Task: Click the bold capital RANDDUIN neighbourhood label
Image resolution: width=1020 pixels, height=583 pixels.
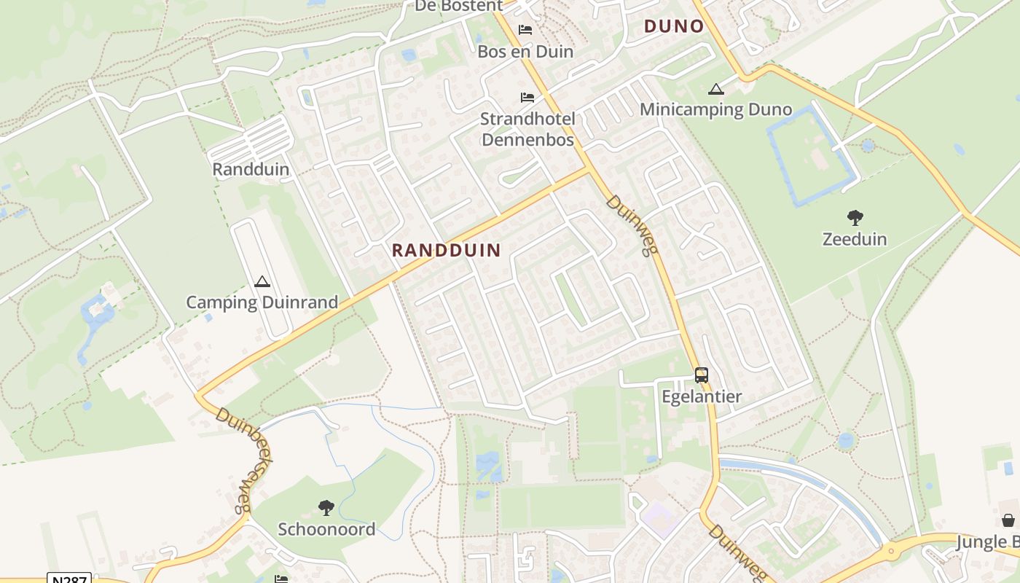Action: (x=446, y=250)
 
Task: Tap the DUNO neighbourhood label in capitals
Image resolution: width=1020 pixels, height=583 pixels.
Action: (x=674, y=27)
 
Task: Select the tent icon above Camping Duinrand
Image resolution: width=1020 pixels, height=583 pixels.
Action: (x=262, y=281)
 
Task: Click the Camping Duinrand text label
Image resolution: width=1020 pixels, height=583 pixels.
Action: (x=262, y=302)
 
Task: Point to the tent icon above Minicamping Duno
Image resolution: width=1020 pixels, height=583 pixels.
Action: (x=715, y=90)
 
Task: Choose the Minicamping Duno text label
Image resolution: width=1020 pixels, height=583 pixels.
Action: (x=715, y=109)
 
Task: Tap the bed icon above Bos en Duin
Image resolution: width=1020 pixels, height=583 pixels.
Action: (x=525, y=30)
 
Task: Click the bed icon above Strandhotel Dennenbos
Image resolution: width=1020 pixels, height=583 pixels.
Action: (x=527, y=98)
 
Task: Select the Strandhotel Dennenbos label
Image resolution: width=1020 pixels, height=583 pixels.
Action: (x=527, y=129)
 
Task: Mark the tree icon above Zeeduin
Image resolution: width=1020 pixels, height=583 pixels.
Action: (x=855, y=217)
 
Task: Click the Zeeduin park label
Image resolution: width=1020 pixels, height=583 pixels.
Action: (x=855, y=239)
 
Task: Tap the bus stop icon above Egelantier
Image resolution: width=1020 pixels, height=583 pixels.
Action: (x=701, y=375)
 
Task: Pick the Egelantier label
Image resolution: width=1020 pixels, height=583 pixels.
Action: (x=701, y=396)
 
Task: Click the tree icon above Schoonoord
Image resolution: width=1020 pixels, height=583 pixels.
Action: (x=326, y=507)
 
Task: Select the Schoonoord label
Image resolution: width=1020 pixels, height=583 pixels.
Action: (x=326, y=529)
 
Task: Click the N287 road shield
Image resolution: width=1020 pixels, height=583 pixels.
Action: (x=69, y=579)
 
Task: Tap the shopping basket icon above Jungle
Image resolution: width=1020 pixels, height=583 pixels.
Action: (x=1008, y=520)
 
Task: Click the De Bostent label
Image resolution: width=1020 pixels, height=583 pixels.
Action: (x=458, y=6)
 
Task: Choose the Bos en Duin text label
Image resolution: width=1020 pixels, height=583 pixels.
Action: (x=525, y=52)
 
